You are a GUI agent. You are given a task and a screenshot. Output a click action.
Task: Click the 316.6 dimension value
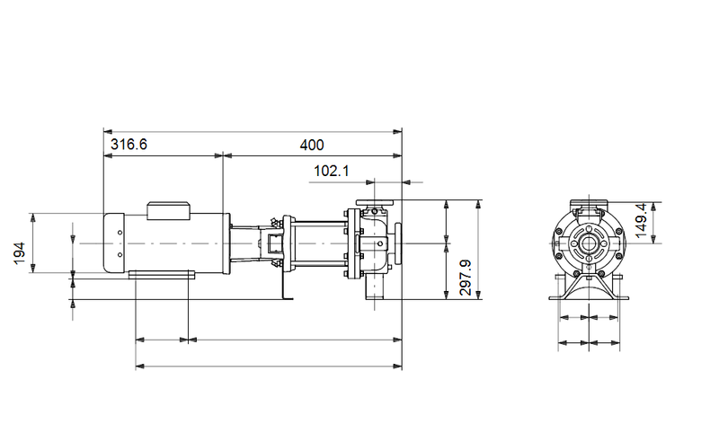(129, 144)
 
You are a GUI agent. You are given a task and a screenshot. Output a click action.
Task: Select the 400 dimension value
(311, 144)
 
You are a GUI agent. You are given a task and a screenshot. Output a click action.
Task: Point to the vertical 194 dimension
(19, 254)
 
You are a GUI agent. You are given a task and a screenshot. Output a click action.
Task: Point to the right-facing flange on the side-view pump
(400, 243)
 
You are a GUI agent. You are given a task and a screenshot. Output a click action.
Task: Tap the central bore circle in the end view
(587, 243)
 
